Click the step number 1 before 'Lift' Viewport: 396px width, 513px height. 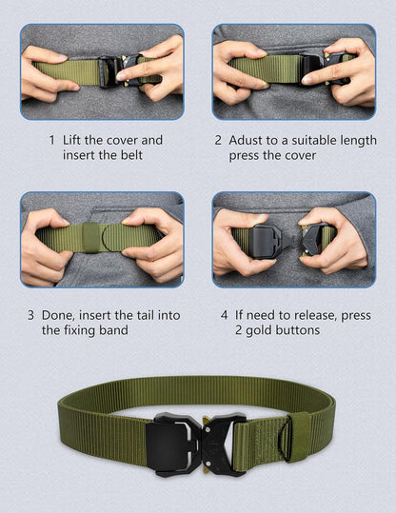(51, 140)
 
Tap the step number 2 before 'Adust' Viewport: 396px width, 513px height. (218, 140)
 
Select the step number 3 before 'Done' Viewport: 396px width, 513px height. (30, 315)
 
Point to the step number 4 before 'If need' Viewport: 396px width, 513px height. (225, 315)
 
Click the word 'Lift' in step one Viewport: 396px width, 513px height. (72, 140)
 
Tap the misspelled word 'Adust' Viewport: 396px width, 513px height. (247, 140)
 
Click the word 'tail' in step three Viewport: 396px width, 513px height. (146, 315)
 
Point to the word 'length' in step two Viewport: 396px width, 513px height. (358, 141)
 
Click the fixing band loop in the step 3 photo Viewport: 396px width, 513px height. (90, 238)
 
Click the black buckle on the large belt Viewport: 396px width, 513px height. (196, 444)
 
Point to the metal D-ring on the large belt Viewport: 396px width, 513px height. (286, 439)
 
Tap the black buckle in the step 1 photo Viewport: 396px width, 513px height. (121, 71)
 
